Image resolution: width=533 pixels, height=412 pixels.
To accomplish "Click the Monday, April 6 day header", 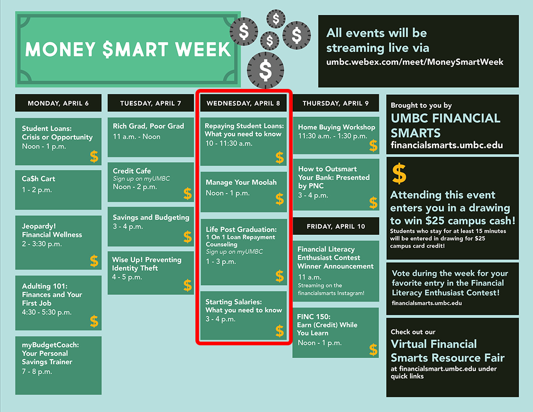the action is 58,103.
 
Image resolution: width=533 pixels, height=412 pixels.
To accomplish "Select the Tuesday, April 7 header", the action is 151,103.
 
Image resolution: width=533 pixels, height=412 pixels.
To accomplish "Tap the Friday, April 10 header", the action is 336,226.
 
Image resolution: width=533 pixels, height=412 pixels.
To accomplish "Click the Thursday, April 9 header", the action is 336,103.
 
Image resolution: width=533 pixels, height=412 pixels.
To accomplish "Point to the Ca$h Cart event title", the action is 38,179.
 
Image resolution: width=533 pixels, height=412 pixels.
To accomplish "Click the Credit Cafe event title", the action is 132,171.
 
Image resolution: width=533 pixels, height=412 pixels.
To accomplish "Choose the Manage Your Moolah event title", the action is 241,182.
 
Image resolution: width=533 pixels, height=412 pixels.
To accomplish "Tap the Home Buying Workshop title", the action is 337,127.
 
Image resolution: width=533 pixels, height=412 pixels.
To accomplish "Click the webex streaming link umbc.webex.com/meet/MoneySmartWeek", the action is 415,62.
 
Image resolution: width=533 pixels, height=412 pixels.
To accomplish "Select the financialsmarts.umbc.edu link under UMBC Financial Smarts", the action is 447,145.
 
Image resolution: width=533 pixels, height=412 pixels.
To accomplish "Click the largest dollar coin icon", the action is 266,70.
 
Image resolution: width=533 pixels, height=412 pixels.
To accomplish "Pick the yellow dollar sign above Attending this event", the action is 399,173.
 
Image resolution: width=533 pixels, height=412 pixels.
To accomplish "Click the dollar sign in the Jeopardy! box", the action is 94,261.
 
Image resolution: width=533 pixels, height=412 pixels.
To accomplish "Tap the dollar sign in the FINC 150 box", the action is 373,349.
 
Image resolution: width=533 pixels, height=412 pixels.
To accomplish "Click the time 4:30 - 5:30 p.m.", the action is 46,312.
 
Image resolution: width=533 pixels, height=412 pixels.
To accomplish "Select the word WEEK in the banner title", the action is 203,49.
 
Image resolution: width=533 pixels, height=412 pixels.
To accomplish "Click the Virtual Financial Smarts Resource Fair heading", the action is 447,351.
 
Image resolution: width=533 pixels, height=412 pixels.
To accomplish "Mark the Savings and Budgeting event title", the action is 151,217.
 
